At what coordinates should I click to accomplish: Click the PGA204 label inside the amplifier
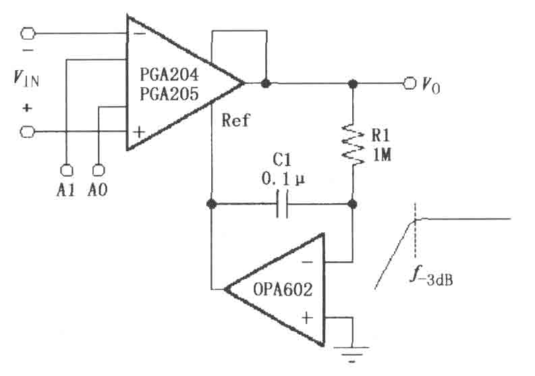169,74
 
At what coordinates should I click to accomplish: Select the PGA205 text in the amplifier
169,93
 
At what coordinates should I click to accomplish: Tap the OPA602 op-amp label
283,290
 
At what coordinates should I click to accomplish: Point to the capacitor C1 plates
282,205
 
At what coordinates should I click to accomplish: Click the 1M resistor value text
382,155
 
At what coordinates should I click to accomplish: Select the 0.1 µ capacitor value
283,179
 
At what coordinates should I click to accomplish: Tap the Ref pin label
235,120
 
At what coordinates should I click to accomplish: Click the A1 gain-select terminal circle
66,169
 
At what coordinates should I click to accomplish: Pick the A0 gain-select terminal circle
98,169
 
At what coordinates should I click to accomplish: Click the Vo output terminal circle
409,83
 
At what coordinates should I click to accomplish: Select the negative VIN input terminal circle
28,34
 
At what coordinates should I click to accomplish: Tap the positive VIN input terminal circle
28,132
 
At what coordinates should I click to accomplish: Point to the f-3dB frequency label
431,276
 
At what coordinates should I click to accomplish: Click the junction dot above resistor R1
353,83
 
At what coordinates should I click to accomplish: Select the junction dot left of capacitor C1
212,205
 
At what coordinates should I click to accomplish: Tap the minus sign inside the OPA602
307,263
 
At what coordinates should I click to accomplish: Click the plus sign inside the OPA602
307,318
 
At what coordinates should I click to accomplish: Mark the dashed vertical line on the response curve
415,230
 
